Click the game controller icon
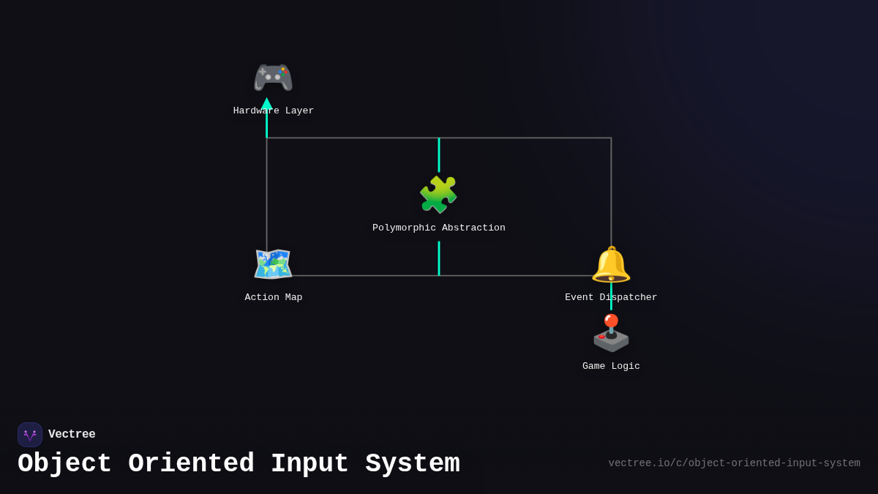[x=273, y=78]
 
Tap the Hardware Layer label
[x=274, y=111]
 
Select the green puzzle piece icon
[x=438, y=195]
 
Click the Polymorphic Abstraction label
[x=439, y=228]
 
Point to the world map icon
[x=273, y=264]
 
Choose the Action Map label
[x=274, y=298]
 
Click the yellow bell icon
[x=611, y=264]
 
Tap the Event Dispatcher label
[x=611, y=298]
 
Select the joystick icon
[x=611, y=334]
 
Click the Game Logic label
[x=611, y=367]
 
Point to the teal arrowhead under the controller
[x=266, y=104]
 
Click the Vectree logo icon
[x=30, y=435]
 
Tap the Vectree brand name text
[x=72, y=435]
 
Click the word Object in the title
[x=64, y=464]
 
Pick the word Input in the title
[x=309, y=464]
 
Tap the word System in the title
[x=413, y=464]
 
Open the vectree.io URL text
[x=734, y=463]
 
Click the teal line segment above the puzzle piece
[x=439, y=154]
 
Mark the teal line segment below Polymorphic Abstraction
[x=439, y=258]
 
